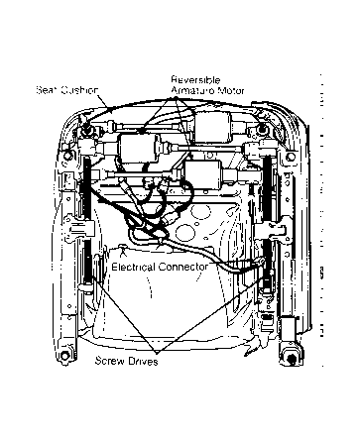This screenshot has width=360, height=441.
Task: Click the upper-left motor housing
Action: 139,150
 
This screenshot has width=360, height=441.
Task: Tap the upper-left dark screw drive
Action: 85,188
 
